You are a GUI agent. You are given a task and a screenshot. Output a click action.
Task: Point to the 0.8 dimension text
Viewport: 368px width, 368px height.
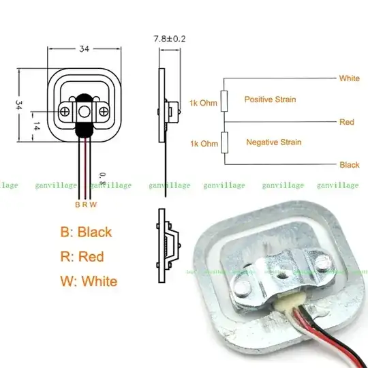point(102,179)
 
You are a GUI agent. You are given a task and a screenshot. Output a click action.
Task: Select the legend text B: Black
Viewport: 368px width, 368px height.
point(86,232)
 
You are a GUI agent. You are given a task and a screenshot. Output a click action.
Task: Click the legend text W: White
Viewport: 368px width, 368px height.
point(88,281)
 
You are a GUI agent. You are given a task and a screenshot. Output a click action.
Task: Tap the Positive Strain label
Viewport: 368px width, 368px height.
point(270,99)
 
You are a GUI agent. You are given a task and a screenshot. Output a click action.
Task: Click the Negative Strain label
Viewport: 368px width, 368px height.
point(273,142)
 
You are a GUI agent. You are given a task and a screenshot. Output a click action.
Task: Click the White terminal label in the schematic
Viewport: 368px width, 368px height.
point(349,78)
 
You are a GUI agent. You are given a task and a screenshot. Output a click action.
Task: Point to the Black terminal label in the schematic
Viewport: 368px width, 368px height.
point(349,165)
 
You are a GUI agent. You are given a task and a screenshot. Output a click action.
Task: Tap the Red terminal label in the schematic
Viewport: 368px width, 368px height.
point(346,122)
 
